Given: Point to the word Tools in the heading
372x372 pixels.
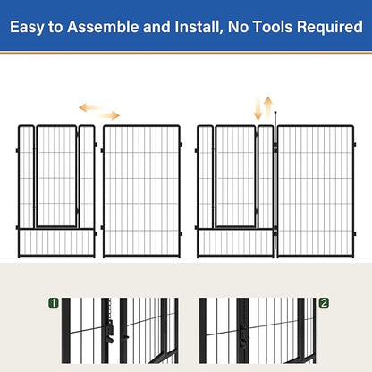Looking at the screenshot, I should (275, 28).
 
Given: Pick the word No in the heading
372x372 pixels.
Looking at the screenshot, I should (240, 28).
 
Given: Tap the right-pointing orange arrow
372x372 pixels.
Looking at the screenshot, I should (109, 115).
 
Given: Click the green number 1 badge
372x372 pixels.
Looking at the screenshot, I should (54, 303).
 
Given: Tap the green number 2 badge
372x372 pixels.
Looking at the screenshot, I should (323, 303).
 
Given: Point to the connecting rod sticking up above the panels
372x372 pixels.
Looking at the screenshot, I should (276, 118).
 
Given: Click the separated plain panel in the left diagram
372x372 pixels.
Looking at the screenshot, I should (141, 190).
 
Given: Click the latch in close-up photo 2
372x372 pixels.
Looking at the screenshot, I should (241, 337).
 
